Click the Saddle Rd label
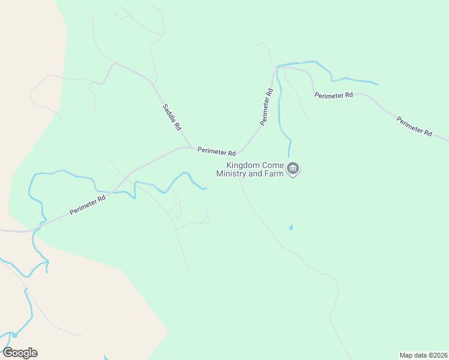pos(172,118)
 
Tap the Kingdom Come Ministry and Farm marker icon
pos(293,169)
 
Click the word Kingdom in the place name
pos(243,166)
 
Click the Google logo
pos(20,353)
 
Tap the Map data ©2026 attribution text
pos(423,355)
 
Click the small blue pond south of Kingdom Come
pos(291,227)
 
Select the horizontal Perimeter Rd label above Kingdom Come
pos(216,151)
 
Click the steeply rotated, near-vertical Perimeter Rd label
pos(267,107)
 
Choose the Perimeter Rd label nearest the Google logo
pos(88,204)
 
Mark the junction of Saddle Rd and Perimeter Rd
pos(191,147)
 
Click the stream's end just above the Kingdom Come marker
pos(289,156)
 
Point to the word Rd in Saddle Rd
pos(177,126)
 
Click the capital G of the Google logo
pos(8,353)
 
